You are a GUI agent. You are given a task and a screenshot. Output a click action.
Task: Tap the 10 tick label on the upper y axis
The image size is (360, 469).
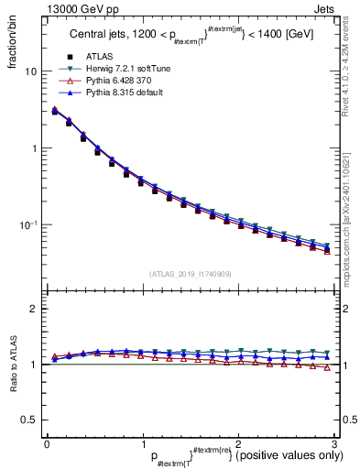[31, 71]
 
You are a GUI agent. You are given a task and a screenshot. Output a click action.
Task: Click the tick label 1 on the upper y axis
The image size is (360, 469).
[35, 148]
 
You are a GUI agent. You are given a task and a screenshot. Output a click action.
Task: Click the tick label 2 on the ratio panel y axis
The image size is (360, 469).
[35, 309]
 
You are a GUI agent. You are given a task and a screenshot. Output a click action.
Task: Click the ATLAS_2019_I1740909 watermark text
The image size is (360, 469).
[189, 274]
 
